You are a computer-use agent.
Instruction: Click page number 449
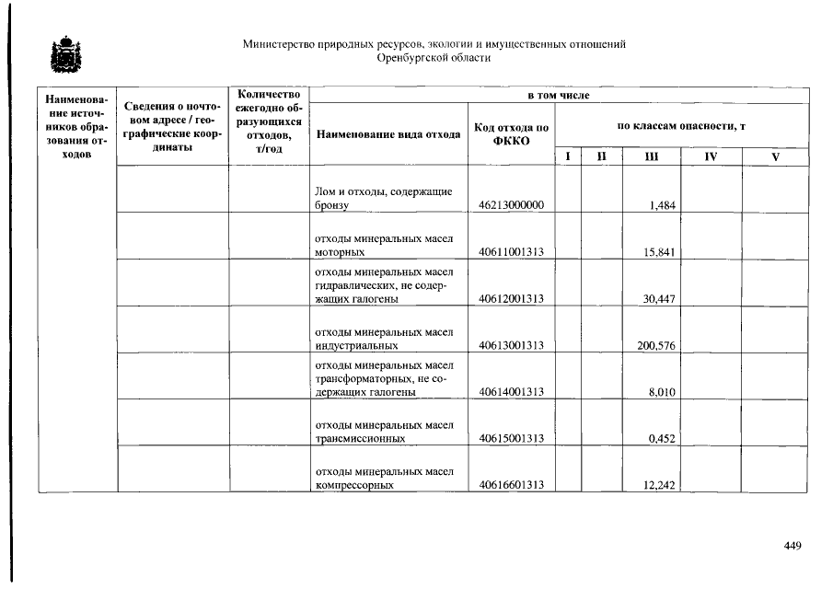click(x=793, y=546)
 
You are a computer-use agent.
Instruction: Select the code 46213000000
click(x=511, y=205)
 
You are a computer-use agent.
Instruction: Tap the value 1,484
click(x=662, y=205)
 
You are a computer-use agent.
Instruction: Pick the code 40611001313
click(x=511, y=252)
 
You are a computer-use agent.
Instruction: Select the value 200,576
click(x=657, y=346)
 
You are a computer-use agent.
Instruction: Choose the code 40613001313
click(x=511, y=346)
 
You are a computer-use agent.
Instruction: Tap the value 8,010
click(x=662, y=392)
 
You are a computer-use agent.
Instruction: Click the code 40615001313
click(x=511, y=439)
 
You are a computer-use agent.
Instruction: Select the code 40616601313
click(x=511, y=486)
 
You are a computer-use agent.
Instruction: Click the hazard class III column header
click(x=651, y=157)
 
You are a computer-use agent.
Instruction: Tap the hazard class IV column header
click(x=711, y=157)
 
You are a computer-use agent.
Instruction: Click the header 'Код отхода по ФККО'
click(x=511, y=134)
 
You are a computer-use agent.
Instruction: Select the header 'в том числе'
click(x=559, y=95)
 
